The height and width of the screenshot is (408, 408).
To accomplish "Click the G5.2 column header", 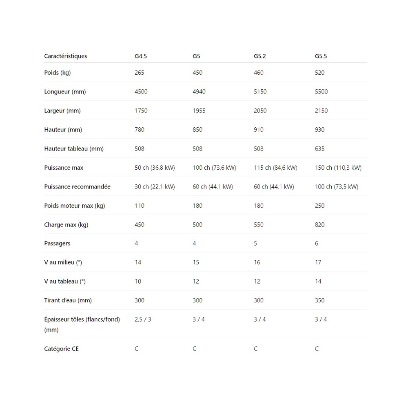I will [x=259, y=56].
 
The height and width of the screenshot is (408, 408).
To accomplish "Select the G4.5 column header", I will [x=141, y=56].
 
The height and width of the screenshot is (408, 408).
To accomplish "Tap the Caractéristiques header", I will [x=66, y=56].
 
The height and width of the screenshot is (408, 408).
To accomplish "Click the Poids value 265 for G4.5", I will [x=140, y=73].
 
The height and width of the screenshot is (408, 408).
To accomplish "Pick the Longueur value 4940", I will [x=199, y=92].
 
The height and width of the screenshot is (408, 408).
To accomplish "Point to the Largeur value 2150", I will [x=321, y=111].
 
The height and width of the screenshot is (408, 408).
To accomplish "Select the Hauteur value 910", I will [x=259, y=130].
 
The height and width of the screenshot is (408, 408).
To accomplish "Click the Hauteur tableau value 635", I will [x=319, y=149].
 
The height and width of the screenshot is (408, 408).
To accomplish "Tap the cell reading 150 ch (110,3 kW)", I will [x=338, y=168].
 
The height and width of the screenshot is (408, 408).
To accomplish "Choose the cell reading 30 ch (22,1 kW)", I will [x=155, y=187].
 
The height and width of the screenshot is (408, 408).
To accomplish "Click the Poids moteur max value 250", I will [x=319, y=206].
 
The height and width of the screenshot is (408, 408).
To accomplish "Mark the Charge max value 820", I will [x=319, y=225].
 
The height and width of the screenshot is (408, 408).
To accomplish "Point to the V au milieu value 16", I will [x=257, y=262].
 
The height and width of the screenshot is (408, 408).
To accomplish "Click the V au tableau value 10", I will [x=138, y=282].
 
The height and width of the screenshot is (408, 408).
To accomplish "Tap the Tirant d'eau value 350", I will [x=319, y=300].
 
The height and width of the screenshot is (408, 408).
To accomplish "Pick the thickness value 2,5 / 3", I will [x=143, y=319].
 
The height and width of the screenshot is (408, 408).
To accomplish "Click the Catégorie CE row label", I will [x=61, y=349].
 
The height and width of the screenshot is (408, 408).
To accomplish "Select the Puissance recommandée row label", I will [x=77, y=187].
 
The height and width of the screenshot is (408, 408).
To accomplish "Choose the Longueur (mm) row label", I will [x=65, y=92].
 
